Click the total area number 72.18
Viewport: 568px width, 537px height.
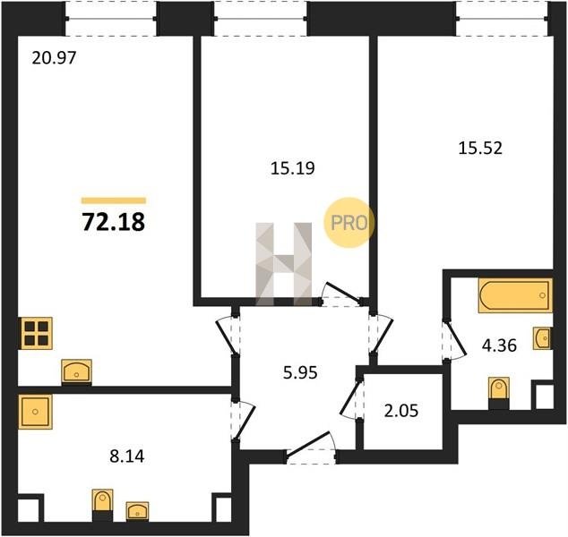click(114, 222)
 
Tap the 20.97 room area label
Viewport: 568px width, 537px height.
click(54, 58)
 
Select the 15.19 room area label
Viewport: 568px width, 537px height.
click(293, 168)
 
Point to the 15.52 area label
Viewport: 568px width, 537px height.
click(480, 148)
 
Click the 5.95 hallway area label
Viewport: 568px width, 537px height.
click(300, 372)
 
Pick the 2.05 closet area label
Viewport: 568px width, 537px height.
click(401, 411)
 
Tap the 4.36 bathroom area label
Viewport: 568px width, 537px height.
click(499, 345)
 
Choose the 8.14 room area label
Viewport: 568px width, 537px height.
click(127, 456)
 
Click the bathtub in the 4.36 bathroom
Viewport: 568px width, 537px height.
click(515, 295)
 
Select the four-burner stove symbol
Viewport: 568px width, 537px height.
click(37, 333)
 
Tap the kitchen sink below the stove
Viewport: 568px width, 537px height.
click(76, 371)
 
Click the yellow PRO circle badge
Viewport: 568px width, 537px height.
click(349, 223)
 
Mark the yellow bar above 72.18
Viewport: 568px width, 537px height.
click(114, 200)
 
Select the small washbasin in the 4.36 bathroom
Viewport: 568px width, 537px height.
click(542, 338)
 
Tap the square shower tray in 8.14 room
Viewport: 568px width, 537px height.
click(36, 412)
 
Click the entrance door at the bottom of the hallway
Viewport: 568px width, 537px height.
click(311, 447)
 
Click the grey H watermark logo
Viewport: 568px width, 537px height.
click(284, 264)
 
